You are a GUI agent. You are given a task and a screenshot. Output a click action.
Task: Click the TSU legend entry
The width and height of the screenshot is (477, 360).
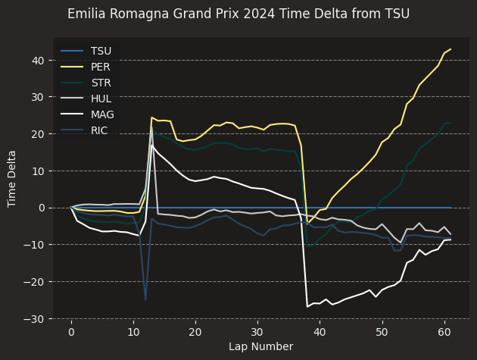pos(101,51)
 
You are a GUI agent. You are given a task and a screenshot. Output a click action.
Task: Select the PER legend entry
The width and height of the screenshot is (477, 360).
pos(101,66)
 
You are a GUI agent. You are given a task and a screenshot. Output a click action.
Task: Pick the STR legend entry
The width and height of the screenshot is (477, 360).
pos(101,82)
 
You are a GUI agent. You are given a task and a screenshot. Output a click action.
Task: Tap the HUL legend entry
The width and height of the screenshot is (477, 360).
pos(101,98)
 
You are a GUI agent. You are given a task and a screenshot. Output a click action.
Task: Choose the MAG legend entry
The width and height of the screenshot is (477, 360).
pos(101,114)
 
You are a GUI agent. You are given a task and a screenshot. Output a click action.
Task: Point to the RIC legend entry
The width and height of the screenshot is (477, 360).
pos(100,130)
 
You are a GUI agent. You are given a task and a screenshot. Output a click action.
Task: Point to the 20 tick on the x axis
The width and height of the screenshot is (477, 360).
pos(195,332)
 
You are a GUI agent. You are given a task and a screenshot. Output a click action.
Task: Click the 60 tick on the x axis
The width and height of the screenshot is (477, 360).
pos(444,332)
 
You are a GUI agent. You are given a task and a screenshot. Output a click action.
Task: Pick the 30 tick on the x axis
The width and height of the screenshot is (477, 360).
pos(257,332)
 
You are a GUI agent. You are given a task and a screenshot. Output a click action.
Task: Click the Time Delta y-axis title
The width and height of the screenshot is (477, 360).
pos(13,178)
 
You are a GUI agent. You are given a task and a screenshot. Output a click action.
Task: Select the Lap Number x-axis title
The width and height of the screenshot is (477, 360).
pos(260,347)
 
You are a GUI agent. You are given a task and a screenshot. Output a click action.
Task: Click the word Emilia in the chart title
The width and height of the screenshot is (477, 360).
pos(84,14)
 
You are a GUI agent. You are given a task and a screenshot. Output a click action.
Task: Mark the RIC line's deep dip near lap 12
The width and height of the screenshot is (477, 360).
pos(145,300)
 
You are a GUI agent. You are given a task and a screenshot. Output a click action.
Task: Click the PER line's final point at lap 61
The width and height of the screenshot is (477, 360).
pos(450,49)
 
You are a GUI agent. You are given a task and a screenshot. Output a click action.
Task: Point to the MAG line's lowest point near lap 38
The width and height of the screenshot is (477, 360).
pos(307,306)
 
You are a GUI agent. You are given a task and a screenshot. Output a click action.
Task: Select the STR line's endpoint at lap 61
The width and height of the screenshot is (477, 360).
pos(450,123)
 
